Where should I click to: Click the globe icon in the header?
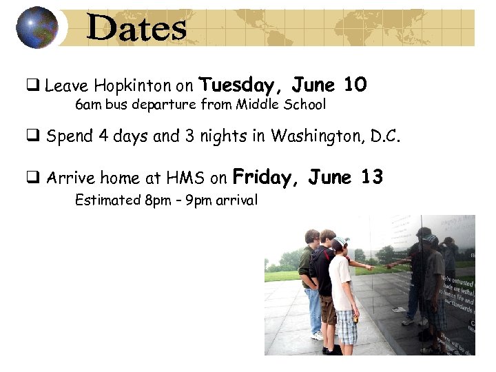point(37,28)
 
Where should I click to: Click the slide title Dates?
point(137,29)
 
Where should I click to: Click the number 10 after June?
point(355,84)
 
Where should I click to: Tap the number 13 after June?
point(371,178)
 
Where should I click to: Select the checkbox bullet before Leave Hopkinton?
point(32,87)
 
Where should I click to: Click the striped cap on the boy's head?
point(340,242)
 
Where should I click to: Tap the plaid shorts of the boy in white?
point(347,326)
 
